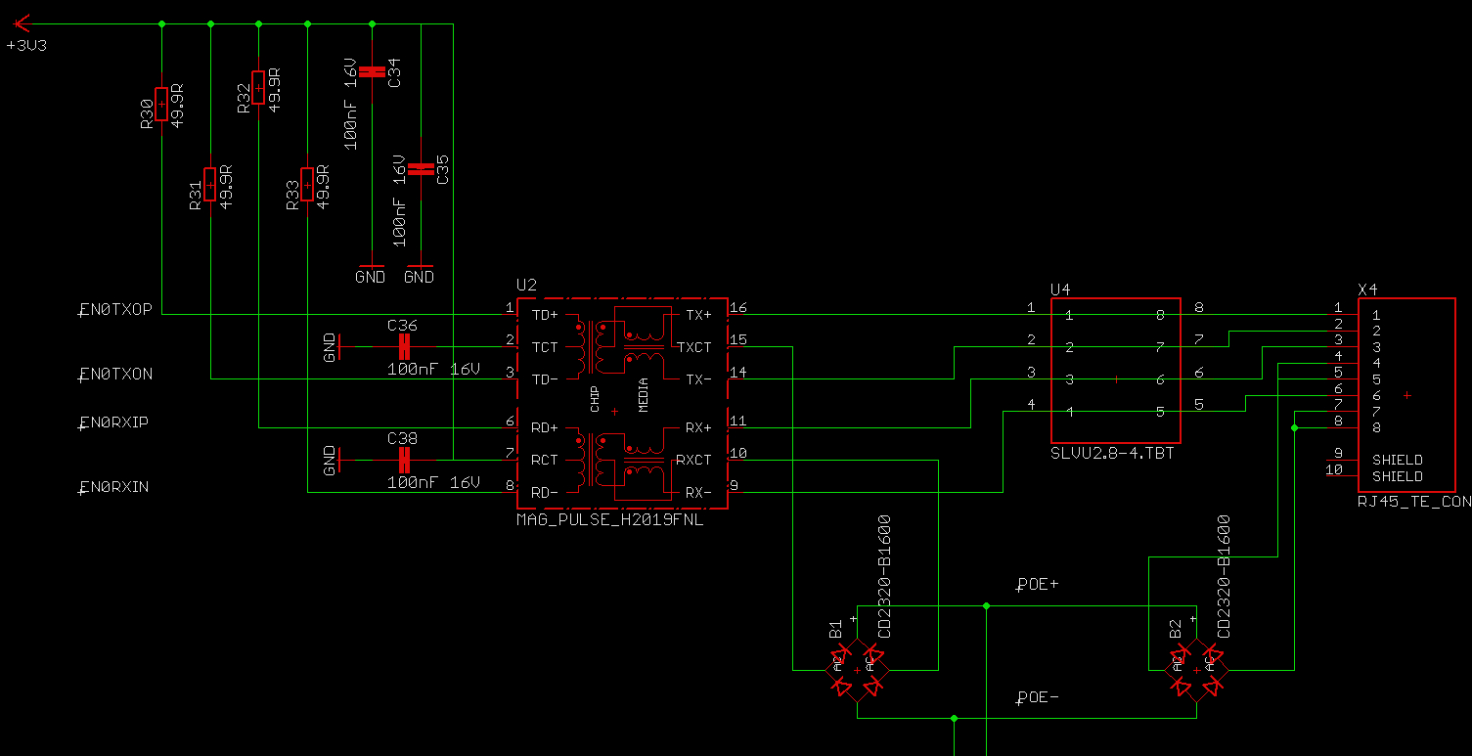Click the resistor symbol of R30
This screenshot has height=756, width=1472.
point(161,103)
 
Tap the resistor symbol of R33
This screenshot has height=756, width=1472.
point(307,184)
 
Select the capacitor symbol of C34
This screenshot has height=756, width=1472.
point(372,71)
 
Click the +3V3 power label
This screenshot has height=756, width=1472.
point(25,46)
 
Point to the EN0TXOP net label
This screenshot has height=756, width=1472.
point(115,310)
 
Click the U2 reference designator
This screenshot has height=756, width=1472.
point(526,286)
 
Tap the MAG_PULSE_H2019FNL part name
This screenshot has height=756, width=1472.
point(609,521)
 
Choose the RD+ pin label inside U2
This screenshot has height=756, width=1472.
point(545,427)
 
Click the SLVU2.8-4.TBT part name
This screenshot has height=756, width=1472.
point(1112,453)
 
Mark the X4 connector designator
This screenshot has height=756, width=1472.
point(1367,289)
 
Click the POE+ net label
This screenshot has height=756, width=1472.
point(1038,585)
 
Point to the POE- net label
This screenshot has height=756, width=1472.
point(1038,698)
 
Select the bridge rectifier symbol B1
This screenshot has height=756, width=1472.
point(857,670)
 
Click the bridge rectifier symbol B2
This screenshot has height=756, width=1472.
point(1195,670)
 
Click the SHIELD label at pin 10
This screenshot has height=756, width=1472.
point(1397,476)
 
